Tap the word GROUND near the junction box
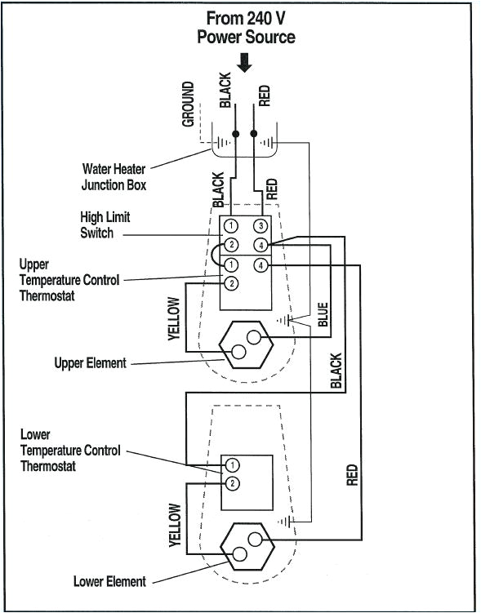[189, 104]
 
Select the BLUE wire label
[323, 314]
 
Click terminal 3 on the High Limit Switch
[261, 225]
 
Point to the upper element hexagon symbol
[246, 344]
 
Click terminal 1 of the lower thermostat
[233, 464]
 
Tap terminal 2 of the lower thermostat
[233, 483]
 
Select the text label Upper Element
[90, 362]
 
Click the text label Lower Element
[109, 581]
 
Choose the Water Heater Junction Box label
[114, 177]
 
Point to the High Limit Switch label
[105, 225]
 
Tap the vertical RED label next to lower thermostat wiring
[352, 475]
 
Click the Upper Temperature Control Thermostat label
[69, 280]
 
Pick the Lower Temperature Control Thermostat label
[70, 451]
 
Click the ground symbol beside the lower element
[284, 520]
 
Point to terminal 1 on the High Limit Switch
[232, 225]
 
